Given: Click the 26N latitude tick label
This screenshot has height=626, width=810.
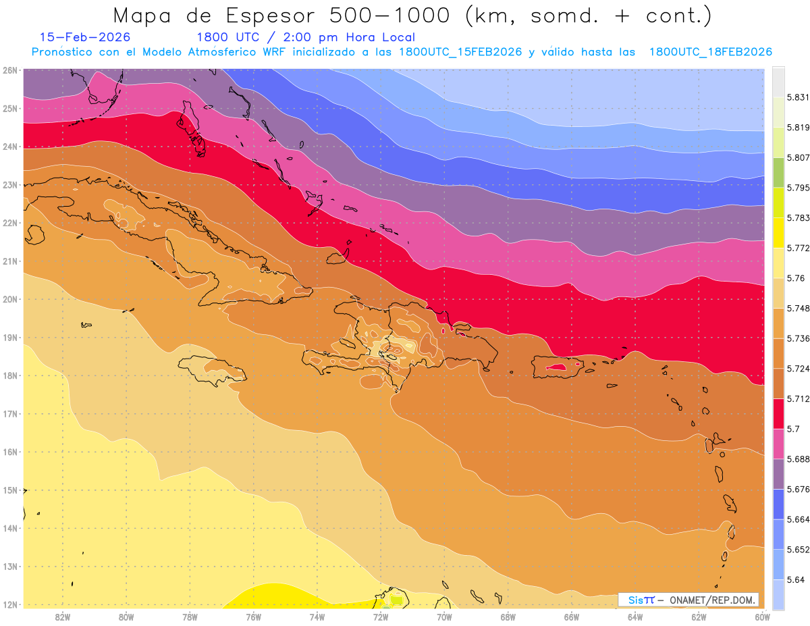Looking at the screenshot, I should coord(9,70).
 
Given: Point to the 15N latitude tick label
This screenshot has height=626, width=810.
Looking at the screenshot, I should coord(9,490).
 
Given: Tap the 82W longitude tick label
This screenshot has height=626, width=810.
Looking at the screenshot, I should coord(63,616).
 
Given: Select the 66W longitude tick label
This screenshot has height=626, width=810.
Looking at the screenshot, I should coord(571,616).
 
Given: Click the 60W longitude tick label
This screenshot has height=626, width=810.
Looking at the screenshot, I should coord(762,616).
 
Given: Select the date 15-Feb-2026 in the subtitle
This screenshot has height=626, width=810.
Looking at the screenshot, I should coord(85,37).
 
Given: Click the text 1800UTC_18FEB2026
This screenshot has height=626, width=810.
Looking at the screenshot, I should coord(710,52).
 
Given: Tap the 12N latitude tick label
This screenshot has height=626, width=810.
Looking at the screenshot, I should coord(9,604).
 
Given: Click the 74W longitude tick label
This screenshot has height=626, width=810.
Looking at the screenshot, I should coord(317,616).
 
